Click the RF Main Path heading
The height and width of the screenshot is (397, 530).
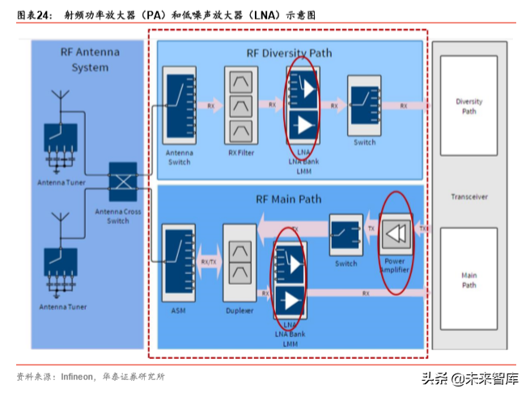(x=288, y=199)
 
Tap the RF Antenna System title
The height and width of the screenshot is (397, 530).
(x=90, y=60)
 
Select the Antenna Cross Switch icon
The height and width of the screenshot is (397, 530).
(x=124, y=182)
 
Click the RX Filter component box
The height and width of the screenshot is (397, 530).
(x=240, y=105)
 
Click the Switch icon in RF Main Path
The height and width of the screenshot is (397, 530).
(x=346, y=234)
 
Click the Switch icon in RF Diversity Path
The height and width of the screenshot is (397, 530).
(x=364, y=106)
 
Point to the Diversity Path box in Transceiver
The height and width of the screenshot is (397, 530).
(x=469, y=107)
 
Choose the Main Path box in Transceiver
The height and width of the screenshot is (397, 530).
(x=469, y=280)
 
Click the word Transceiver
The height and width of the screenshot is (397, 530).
(x=469, y=196)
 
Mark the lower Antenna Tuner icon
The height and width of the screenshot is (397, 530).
(x=61, y=267)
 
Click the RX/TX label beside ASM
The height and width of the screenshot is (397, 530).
(x=208, y=261)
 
